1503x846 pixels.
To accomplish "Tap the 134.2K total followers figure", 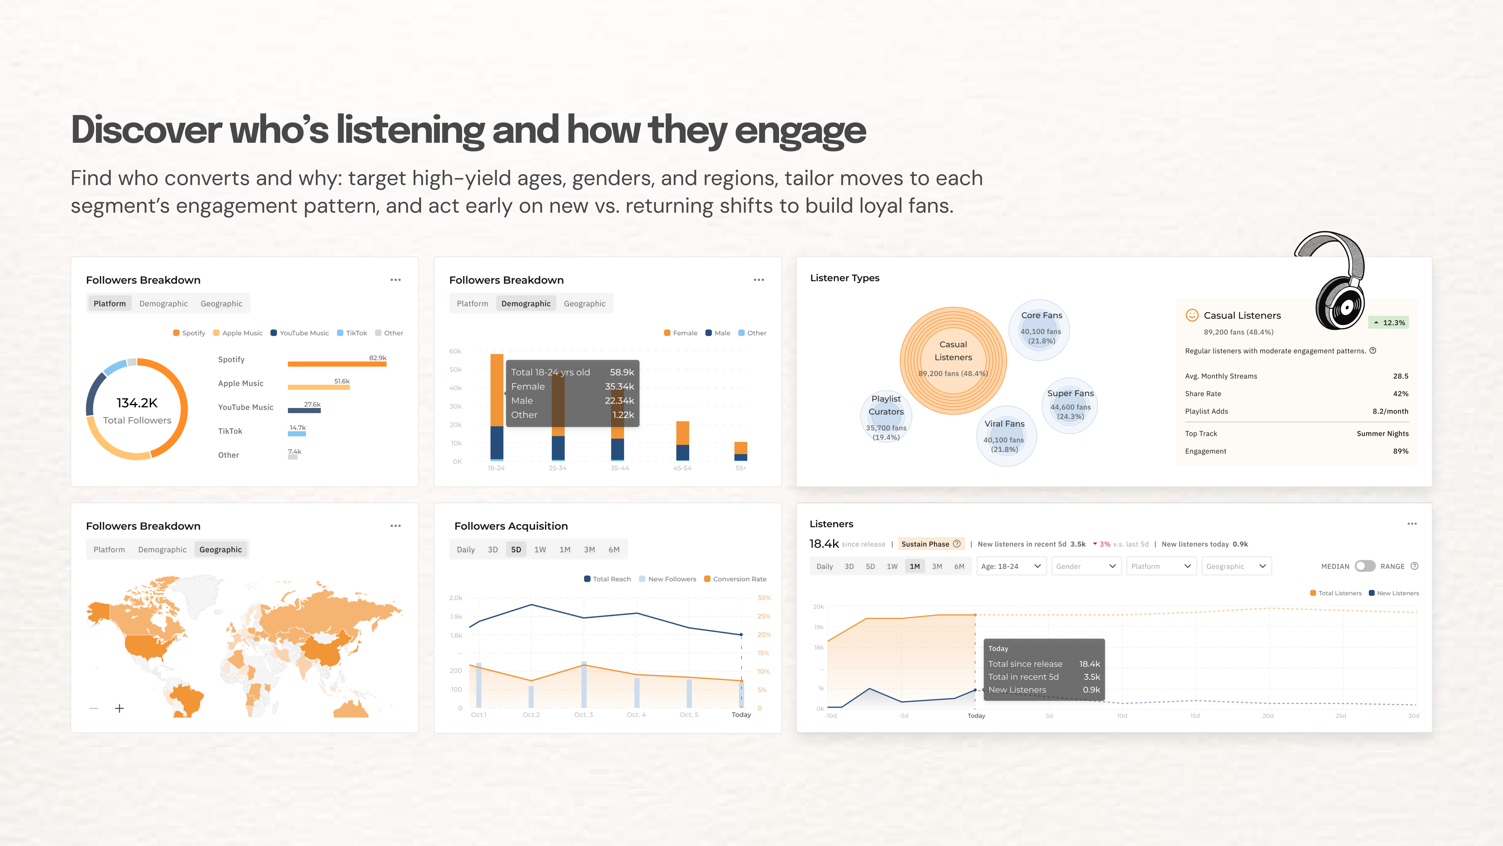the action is click(137, 403).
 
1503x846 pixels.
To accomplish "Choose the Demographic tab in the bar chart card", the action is click(526, 304).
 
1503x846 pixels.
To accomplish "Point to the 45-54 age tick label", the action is click(682, 468).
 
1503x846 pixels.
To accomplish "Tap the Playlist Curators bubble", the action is click(886, 416).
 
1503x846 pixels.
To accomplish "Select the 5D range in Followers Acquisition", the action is click(516, 549).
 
